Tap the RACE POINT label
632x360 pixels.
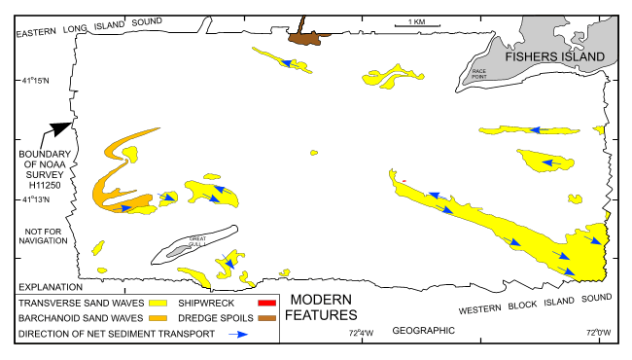(x=478, y=73)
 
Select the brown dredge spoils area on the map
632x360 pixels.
(x=307, y=36)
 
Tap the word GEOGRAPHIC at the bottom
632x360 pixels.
(x=424, y=332)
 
